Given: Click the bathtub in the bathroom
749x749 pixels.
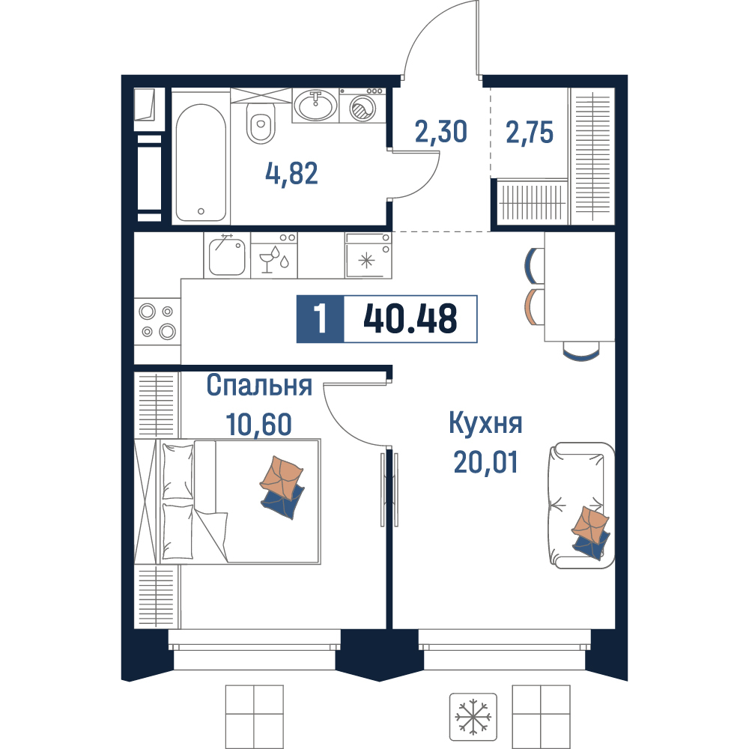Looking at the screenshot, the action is [x=201, y=163].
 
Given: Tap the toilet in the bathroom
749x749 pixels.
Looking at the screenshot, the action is [x=261, y=124].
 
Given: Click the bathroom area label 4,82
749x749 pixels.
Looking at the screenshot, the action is [x=291, y=174].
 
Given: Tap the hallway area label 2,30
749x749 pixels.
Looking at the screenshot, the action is [x=440, y=132].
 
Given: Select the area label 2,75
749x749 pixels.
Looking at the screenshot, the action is [x=530, y=133].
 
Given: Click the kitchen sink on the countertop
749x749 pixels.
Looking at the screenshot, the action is [x=227, y=256].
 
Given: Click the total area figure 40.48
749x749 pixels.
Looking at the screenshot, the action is [x=410, y=318].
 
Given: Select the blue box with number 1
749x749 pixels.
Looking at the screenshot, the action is [x=320, y=319].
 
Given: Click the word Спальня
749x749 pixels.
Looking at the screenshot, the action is [x=259, y=386].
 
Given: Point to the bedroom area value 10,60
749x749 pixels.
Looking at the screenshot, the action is [x=258, y=424].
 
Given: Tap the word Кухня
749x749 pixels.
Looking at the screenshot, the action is [x=485, y=423].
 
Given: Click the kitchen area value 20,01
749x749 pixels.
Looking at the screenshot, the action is [x=485, y=462].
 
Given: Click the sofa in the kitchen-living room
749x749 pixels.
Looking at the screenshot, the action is [x=581, y=506].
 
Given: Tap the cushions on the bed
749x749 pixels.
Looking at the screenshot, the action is [x=282, y=488].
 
